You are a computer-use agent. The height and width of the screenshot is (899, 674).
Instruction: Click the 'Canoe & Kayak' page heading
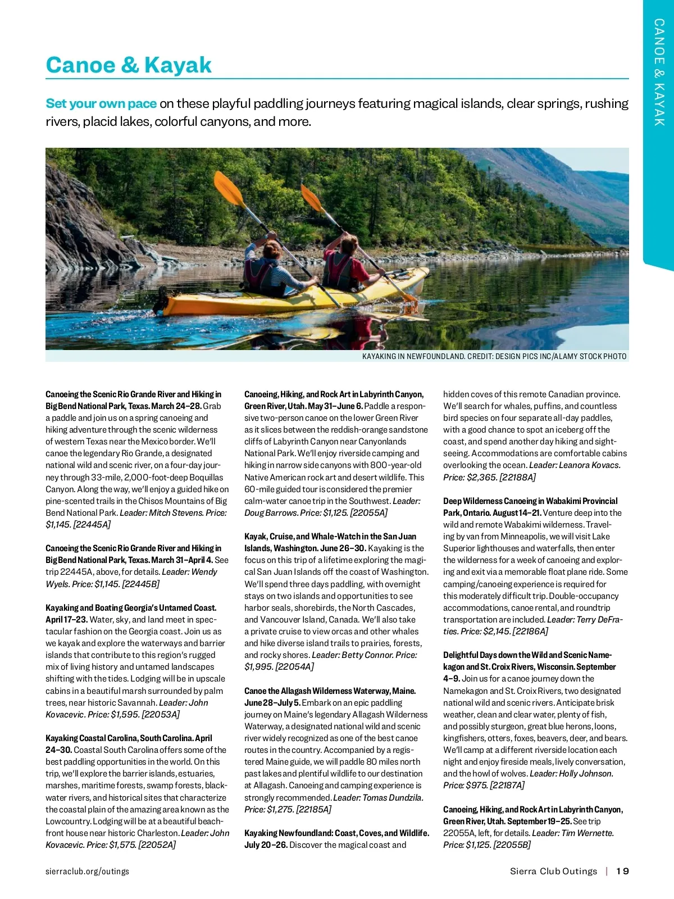coord(129,65)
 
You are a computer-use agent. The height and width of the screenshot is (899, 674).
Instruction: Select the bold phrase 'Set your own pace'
coord(101,103)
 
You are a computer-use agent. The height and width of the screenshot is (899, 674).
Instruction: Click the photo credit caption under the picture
coord(494,356)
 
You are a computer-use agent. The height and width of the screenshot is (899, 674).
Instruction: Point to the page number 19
coord(622,871)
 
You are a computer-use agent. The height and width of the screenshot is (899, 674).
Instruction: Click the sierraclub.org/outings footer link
coord(87,871)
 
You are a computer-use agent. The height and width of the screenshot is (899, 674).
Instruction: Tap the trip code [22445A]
coord(92,524)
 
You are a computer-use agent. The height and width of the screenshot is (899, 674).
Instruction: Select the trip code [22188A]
coord(517,477)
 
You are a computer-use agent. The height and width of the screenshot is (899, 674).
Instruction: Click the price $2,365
coord(482,477)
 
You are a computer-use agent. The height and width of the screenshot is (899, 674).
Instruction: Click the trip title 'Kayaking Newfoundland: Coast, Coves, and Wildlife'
coord(336,833)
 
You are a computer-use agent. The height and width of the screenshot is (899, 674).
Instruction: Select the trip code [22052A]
coord(157,844)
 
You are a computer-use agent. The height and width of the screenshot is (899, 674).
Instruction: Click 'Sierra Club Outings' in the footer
coord(553,871)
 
